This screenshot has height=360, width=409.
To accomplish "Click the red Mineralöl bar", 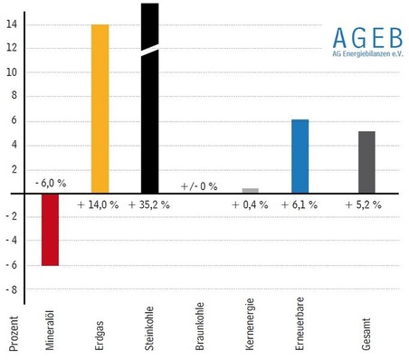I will [50, 230].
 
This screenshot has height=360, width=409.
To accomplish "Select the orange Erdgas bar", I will [100, 109].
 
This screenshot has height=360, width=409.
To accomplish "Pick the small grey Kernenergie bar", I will [251, 191].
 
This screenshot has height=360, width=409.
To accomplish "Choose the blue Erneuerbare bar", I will [300, 156].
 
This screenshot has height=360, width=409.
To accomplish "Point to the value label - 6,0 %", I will [51, 184].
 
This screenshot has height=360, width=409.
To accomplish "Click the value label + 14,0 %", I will [99, 205].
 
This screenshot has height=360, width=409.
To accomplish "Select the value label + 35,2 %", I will [149, 205].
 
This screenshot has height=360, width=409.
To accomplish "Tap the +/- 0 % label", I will [199, 185].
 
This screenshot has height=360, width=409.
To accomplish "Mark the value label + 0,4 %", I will [250, 205].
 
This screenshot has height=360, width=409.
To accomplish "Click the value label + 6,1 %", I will [299, 205].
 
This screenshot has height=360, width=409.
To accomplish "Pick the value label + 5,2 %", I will [364, 205].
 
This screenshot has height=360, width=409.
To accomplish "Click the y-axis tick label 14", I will [11, 24].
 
